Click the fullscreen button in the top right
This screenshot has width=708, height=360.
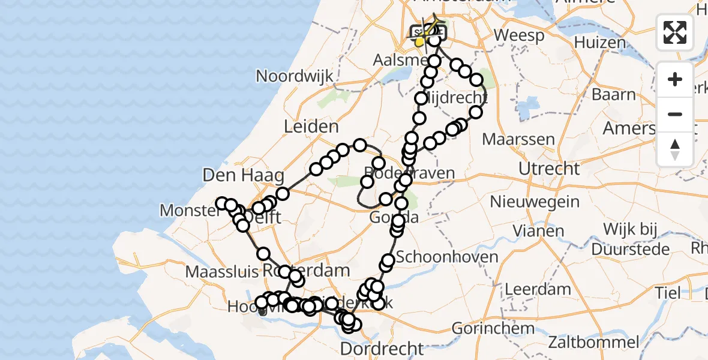point(675,32)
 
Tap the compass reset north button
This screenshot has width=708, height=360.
point(675,149)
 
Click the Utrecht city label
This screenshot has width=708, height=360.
point(549,169)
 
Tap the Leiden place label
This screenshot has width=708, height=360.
point(312,127)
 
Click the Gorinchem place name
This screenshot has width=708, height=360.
point(493,329)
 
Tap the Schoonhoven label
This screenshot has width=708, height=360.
point(447,257)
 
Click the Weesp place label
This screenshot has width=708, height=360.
point(519,35)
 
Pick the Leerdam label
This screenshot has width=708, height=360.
point(537,289)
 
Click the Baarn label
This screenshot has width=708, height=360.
point(613,95)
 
